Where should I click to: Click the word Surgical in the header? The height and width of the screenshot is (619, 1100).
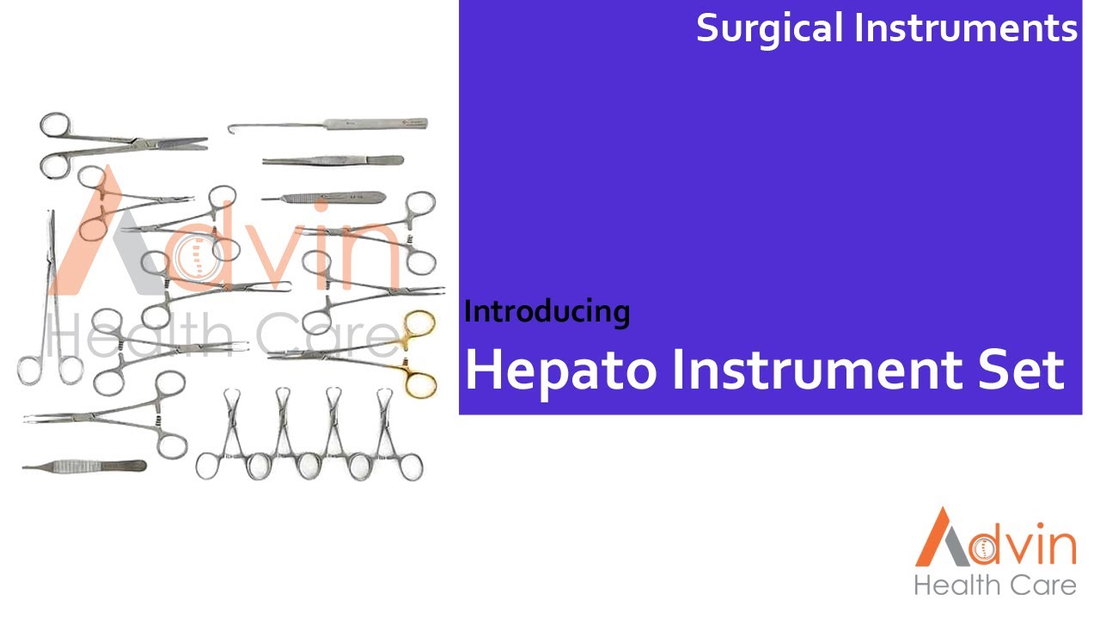tap(769, 29)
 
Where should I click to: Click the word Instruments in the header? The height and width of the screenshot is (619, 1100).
tap(965, 28)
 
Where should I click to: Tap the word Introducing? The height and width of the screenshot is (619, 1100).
tap(547, 311)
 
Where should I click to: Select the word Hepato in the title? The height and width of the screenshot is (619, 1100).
tap(559, 371)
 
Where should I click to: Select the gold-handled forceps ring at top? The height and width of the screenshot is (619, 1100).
tap(419, 325)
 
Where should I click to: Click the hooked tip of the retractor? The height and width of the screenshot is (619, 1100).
tap(233, 129)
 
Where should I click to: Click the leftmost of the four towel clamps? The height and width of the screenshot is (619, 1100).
tap(231, 434)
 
